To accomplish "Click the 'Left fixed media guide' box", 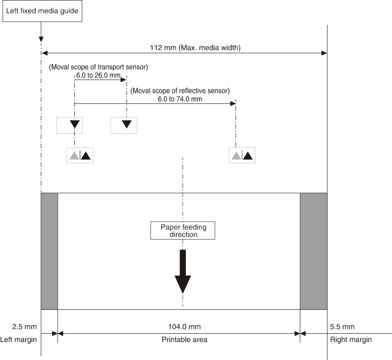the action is (42, 11).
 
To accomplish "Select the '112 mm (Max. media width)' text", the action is (195, 48).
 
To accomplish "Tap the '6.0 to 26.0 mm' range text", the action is (98, 75).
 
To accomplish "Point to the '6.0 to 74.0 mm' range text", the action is (180, 99).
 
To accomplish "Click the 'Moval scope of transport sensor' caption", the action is (98, 67).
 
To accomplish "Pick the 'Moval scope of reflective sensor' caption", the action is (180, 91).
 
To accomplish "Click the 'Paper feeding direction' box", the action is (183, 230).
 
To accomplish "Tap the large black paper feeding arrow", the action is (183, 271).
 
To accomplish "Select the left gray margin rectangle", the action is (49, 251).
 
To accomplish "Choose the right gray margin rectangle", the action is (314, 251).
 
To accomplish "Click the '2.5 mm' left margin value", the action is (24, 327).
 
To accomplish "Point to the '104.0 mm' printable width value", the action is (184, 327).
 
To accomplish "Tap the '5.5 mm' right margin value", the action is (342, 327).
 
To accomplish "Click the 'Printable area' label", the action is (184, 340).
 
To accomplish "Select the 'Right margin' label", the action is (351, 340).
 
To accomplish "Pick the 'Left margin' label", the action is (18, 340).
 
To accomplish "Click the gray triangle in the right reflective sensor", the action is (236, 156).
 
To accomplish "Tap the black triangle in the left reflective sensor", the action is (86, 156).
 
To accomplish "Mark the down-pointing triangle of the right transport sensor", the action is (127, 124).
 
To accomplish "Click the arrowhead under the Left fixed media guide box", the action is (41, 40).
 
